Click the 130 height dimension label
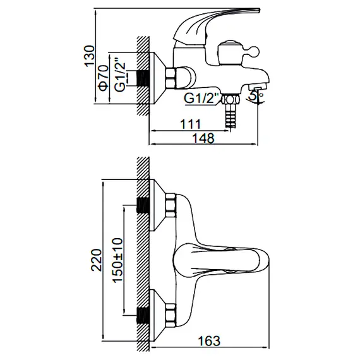point(90,56)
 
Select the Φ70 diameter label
point(104,78)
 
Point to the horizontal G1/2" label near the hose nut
point(201,99)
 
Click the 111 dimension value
point(190,124)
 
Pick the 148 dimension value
point(203,138)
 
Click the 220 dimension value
point(97,260)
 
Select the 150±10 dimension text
point(117,260)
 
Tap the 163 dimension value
point(209,341)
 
